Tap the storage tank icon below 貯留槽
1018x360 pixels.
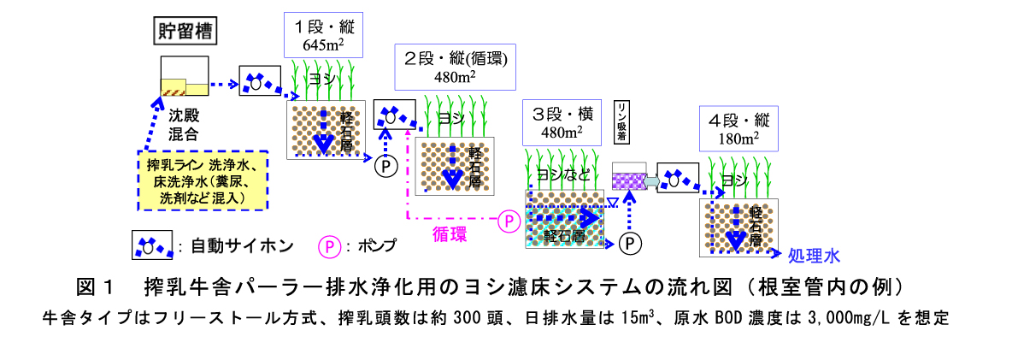(185, 77)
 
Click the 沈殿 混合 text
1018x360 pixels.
(183, 123)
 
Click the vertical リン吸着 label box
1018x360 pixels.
(622, 122)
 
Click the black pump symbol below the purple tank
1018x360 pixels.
(630, 243)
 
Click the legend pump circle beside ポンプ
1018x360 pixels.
(329, 246)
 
